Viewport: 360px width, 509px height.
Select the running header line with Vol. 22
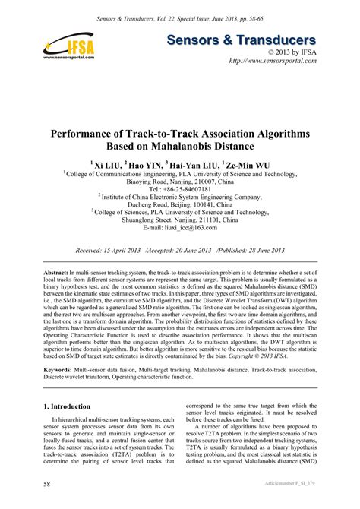click(179, 16)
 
